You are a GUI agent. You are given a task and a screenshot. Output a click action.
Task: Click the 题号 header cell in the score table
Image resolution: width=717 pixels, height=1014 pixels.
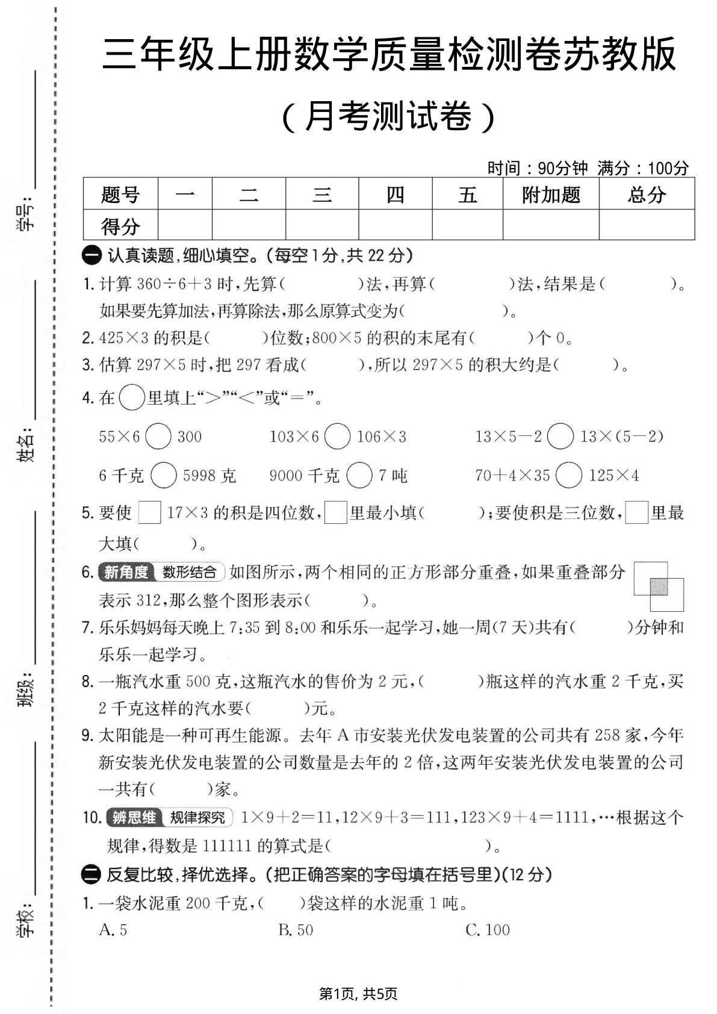[120, 194]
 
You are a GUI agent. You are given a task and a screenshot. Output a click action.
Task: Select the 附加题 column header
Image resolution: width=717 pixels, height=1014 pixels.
[551, 194]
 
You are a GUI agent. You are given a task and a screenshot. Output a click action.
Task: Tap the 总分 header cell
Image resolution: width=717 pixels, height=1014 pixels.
[647, 194]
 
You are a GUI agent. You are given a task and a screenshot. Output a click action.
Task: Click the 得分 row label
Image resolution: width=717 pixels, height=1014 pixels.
[120, 226]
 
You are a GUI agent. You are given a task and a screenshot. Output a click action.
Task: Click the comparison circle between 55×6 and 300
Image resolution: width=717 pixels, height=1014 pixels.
[158, 437]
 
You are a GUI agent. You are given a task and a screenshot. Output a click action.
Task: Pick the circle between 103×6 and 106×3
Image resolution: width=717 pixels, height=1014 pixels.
[337, 437]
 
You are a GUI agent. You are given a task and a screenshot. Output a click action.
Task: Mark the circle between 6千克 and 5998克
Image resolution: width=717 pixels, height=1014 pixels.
[163, 476]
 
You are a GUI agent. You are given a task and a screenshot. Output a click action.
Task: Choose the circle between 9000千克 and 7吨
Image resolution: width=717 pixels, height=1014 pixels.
[359, 476]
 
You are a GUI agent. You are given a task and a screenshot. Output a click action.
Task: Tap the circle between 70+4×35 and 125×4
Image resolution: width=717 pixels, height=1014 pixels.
[569, 476]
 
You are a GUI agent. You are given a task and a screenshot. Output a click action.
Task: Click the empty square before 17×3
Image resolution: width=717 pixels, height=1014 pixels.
[149, 513]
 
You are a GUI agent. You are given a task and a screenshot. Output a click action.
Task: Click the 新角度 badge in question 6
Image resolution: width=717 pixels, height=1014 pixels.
[126, 572]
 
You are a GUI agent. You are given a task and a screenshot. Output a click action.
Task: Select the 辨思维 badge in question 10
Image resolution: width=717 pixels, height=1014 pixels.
[134, 818]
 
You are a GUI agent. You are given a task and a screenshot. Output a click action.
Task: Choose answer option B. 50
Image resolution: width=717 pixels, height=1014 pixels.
[296, 930]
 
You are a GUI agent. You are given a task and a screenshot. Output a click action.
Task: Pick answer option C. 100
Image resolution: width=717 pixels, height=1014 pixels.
[488, 930]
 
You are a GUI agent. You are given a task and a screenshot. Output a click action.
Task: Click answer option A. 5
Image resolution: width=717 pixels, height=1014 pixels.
[113, 930]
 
